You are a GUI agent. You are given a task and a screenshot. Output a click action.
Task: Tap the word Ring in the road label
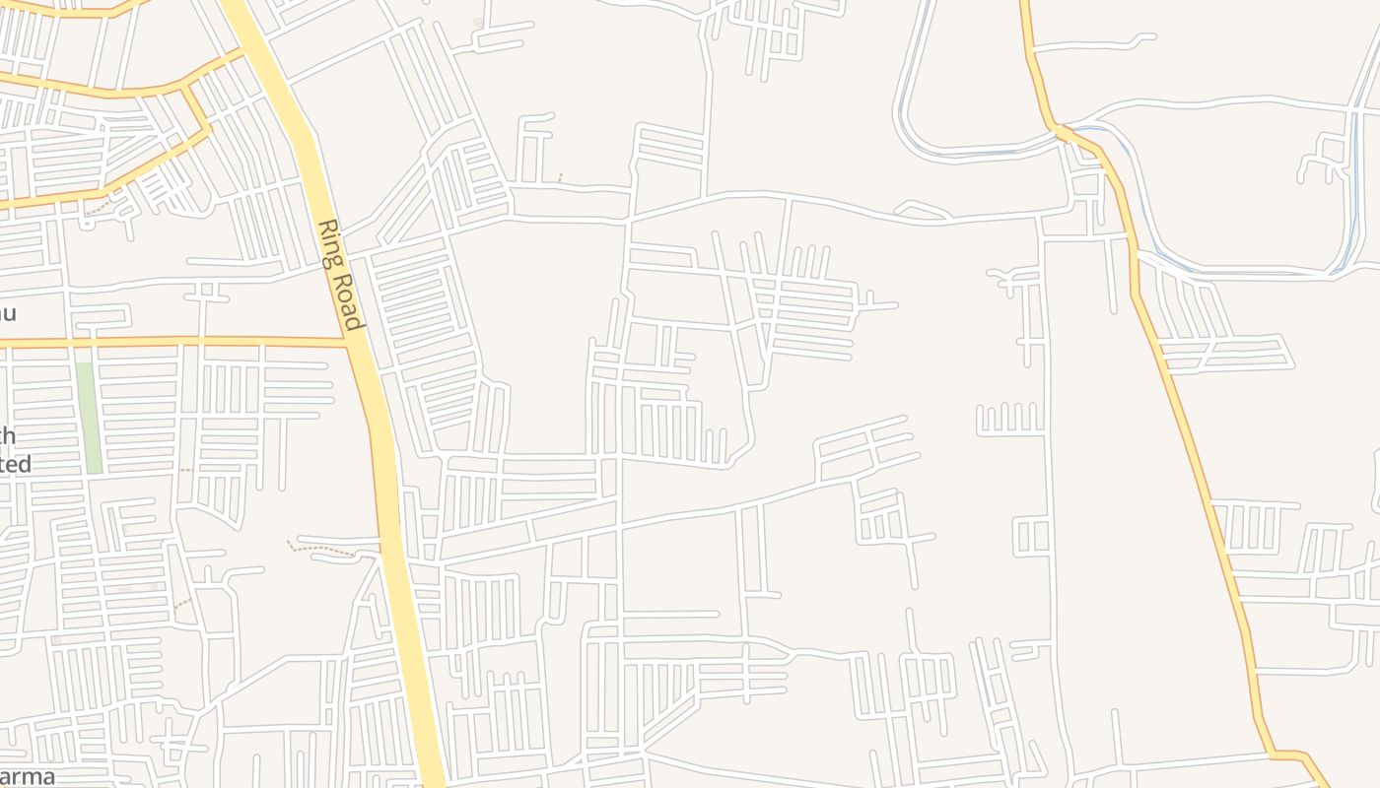click(x=330, y=243)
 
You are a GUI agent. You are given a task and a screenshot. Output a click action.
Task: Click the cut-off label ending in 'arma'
click(x=28, y=776)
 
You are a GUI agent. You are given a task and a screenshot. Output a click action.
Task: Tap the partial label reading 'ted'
click(x=16, y=463)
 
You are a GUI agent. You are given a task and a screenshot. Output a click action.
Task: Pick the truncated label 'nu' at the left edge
click(x=7, y=313)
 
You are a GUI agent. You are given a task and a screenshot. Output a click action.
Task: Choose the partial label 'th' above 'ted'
click(x=8, y=435)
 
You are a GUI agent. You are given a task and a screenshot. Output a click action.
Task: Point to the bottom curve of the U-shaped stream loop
click(x=966, y=153)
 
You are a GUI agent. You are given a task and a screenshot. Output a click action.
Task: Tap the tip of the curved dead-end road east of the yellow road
click(x=1153, y=37)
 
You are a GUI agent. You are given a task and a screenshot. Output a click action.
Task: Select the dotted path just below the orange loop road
click(x=99, y=210)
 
